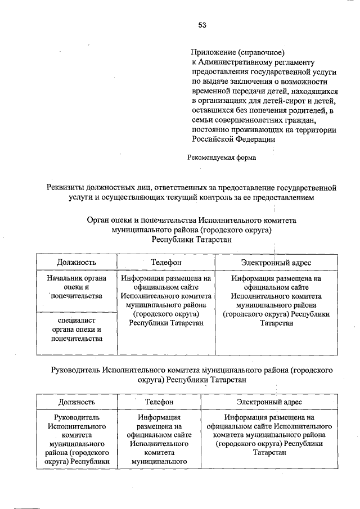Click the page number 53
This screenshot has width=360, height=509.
202,25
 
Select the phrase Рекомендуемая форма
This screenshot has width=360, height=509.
222,157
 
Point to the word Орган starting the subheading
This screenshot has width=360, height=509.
99,221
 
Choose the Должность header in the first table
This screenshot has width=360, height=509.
76,263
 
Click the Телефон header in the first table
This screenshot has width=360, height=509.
166,263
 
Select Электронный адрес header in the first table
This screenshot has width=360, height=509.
276,263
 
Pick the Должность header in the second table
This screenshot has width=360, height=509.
76,402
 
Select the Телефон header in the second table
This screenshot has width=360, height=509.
159,402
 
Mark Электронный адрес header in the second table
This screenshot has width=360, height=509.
269,402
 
